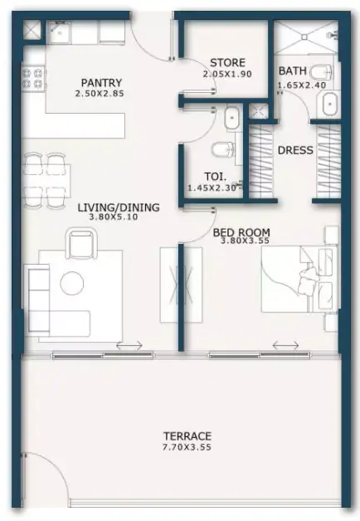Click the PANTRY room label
click(101, 82)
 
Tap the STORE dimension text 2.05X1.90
click(227, 74)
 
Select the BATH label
click(292, 71)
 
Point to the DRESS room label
click(295, 150)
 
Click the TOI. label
click(215, 177)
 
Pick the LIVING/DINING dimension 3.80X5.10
click(113, 217)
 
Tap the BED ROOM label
click(241, 232)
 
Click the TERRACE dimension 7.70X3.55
click(187, 447)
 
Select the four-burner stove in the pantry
click(33, 79)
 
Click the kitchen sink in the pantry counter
click(59, 33)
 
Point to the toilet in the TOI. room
click(223, 149)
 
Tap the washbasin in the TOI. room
click(231, 118)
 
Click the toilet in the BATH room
click(320, 72)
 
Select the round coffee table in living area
click(71, 283)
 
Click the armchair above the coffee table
click(81, 243)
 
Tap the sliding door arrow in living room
click(129, 346)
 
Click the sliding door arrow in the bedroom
click(285, 346)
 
